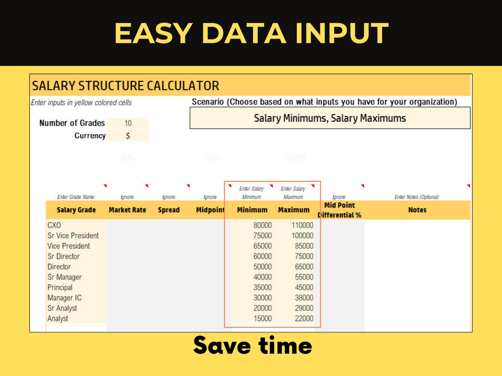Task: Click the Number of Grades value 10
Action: [128, 123]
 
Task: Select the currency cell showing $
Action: [128, 136]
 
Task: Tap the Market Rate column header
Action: [127, 210]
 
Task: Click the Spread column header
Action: [169, 210]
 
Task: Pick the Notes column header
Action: [417, 210]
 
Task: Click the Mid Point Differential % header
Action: [340, 210]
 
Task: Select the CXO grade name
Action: [54, 225]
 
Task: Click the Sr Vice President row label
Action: [73, 236]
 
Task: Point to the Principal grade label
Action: [60, 288]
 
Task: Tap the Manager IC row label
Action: [64, 298]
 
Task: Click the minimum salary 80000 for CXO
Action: [262, 225]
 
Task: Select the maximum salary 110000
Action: [302, 225]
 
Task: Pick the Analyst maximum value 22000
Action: [304, 319]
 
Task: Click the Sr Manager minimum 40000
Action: [262, 277]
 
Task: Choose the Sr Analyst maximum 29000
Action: [304, 308]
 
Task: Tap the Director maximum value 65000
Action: [304, 267]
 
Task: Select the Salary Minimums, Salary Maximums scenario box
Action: [330, 118]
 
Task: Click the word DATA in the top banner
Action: [243, 33]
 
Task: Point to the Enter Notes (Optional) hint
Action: [417, 197]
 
